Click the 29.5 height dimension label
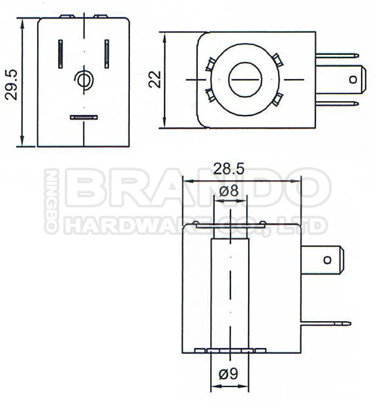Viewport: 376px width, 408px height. [11, 82]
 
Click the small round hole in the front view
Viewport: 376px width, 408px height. [84, 80]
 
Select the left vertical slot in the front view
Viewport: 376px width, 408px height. [61, 54]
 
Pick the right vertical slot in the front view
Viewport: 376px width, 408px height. [106, 54]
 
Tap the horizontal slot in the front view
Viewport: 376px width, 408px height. [84, 118]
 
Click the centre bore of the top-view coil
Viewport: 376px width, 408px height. [244, 79]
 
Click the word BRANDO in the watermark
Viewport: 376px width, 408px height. [196, 189]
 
